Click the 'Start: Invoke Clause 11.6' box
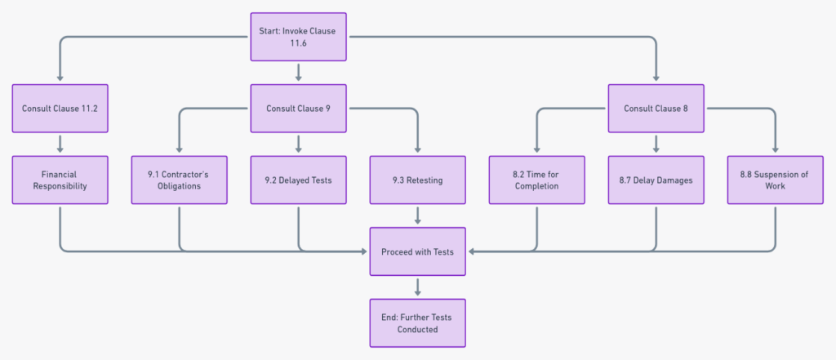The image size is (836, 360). [298, 37]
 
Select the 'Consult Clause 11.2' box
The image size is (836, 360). [60, 108]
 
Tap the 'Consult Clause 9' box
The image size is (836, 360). [298, 108]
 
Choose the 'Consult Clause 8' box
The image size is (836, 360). [656, 108]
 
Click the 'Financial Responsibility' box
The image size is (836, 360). [60, 180]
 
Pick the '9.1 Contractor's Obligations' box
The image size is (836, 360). [179, 180]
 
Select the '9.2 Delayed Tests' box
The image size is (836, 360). [298, 180]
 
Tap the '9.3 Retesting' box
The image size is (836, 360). [417, 180]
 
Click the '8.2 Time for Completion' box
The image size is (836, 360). [536, 180]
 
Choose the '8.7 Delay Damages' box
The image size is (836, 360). [656, 180]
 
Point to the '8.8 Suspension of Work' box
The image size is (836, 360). [775, 180]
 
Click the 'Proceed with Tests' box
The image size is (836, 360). [417, 251]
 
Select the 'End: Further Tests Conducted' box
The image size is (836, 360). [417, 322]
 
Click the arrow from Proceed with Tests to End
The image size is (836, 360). [417, 287]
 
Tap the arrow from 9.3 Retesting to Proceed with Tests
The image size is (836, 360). [417, 216]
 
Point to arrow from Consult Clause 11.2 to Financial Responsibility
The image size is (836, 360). [60, 144]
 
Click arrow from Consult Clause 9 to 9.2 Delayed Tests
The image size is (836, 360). [298, 144]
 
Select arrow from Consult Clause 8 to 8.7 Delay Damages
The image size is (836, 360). [656, 144]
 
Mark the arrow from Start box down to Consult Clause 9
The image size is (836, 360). [298, 73]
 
